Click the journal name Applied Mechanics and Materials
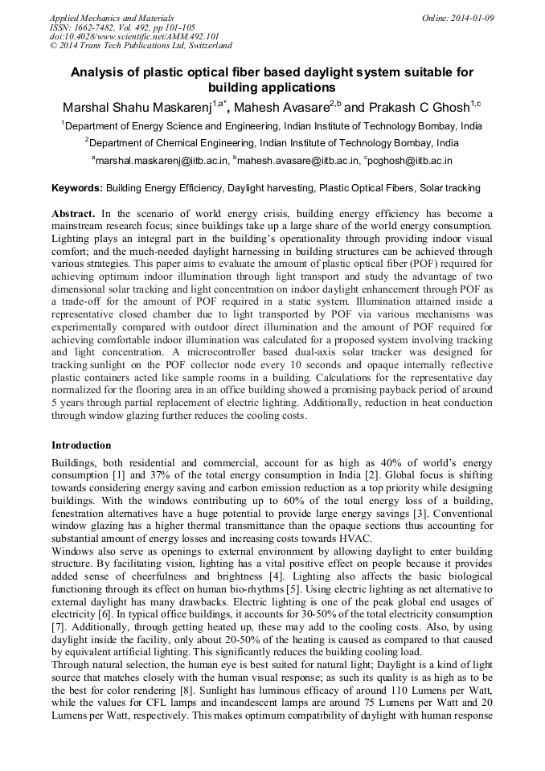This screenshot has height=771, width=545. pos(111,17)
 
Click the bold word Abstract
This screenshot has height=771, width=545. pos(74,215)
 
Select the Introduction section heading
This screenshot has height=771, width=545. pos(81,445)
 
